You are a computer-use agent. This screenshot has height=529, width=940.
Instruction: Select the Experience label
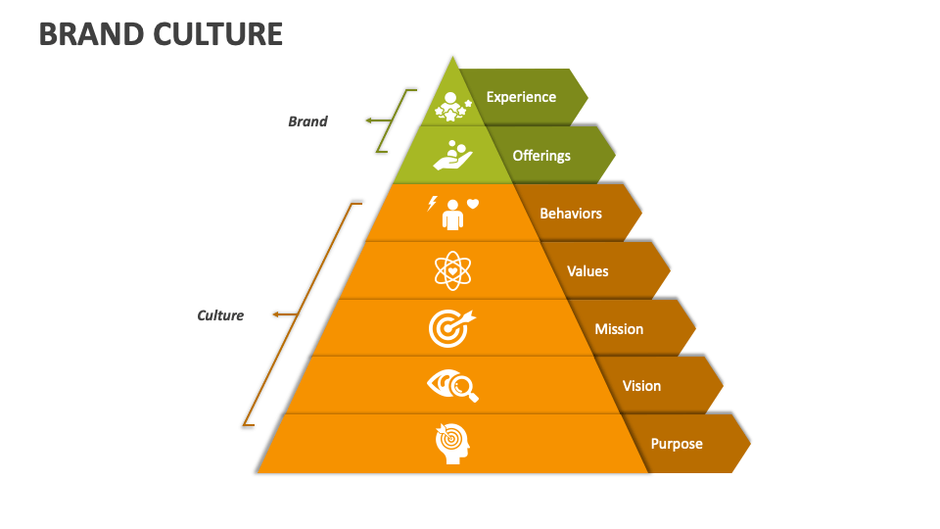[521, 97]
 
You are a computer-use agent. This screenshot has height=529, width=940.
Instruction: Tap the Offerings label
[541, 155]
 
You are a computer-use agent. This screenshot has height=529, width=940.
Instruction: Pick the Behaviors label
[571, 213]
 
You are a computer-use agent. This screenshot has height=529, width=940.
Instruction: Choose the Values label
[587, 270]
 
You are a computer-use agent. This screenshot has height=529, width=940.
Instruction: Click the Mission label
[619, 328]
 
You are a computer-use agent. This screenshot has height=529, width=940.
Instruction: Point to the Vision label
[641, 386]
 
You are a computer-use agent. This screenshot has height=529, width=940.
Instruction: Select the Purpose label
[677, 444]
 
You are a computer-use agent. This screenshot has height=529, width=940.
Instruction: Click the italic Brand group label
[307, 121]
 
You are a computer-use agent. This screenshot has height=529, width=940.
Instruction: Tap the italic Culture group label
[220, 315]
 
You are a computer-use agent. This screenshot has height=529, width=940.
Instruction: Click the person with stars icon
[452, 106]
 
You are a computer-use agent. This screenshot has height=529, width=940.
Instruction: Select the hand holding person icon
[452, 155]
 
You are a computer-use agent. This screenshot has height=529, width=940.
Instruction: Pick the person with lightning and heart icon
[452, 213]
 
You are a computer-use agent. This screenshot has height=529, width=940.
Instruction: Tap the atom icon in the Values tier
[452, 270]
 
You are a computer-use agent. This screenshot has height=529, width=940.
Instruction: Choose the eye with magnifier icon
[453, 386]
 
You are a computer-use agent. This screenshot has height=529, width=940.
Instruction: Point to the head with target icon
[452, 443]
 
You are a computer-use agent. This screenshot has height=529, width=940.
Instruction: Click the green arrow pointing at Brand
[376, 120]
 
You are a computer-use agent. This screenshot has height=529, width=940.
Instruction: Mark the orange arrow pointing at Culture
[284, 314]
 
